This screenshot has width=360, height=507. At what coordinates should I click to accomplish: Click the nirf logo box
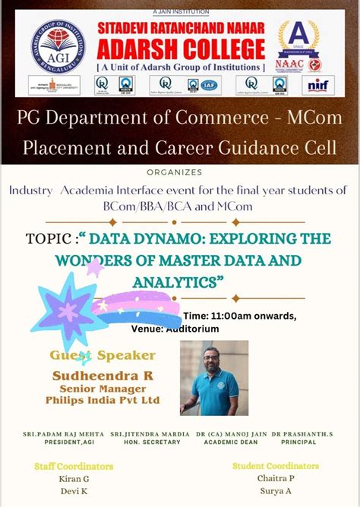pos(317,85)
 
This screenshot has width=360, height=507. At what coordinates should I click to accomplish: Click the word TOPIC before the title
pos(48,238)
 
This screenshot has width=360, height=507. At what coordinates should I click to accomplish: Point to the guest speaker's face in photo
pos(215,360)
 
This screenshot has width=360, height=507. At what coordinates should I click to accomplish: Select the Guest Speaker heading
pos(103,355)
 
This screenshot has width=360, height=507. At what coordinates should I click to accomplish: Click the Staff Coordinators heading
pos(74,465)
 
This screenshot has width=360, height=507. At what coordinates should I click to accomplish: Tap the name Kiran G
pos(74,479)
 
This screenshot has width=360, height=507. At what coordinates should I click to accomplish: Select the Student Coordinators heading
pos(276,465)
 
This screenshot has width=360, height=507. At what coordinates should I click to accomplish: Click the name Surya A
pos(276,491)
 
